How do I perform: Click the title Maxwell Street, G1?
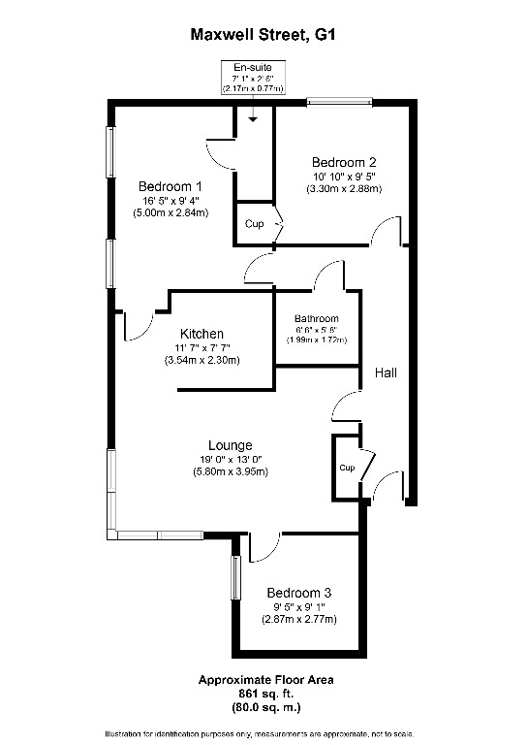click(x=263, y=35)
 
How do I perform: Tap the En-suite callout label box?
click(x=253, y=78)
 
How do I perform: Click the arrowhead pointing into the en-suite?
click(x=253, y=119)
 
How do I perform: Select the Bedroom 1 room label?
click(x=170, y=186)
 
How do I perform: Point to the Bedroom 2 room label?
click(x=344, y=163)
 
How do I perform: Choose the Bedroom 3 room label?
click(x=298, y=593)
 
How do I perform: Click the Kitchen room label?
click(x=201, y=334)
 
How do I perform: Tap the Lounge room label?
click(x=230, y=445)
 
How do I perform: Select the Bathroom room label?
click(x=317, y=319)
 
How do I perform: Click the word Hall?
click(x=386, y=372)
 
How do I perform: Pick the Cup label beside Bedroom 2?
click(x=254, y=224)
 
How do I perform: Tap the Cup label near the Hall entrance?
click(x=347, y=468)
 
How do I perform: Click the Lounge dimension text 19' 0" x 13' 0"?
click(x=231, y=460)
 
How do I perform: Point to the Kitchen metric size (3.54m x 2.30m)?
click(x=202, y=361)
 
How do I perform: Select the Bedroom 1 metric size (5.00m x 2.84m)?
click(x=170, y=212)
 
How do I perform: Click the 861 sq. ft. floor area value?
click(x=265, y=694)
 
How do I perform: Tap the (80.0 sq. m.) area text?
click(x=265, y=707)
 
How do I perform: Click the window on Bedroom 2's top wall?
click(x=339, y=101)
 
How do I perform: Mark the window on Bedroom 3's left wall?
click(x=235, y=578)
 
